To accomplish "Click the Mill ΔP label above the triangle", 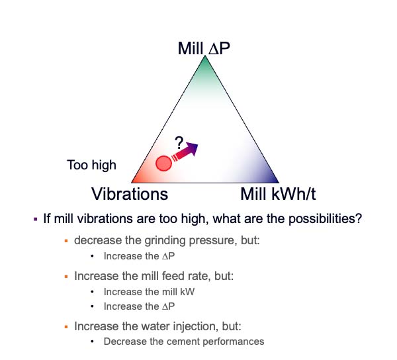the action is [x=204, y=48].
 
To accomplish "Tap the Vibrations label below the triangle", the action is [x=130, y=194].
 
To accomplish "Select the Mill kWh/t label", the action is [x=278, y=194].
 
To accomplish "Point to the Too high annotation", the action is [x=92, y=165].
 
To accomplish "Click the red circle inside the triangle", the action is [x=163, y=163].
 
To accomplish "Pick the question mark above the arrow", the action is [x=179, y=143].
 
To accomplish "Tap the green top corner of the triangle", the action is [x=205, y=56].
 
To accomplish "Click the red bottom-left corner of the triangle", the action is [x=132, y=182].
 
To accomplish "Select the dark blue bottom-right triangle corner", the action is [x=278, y=182].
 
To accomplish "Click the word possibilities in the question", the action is [x=325, y=218].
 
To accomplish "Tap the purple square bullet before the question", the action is [x=36, y=219].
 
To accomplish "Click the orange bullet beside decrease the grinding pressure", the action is [x=66, y=241].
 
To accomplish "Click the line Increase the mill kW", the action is [x=149, y=292].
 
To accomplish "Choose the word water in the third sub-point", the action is [x=155, y=326].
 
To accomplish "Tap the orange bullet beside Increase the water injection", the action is [x=66, y=327].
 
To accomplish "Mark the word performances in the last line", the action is [x=234, y=341].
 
